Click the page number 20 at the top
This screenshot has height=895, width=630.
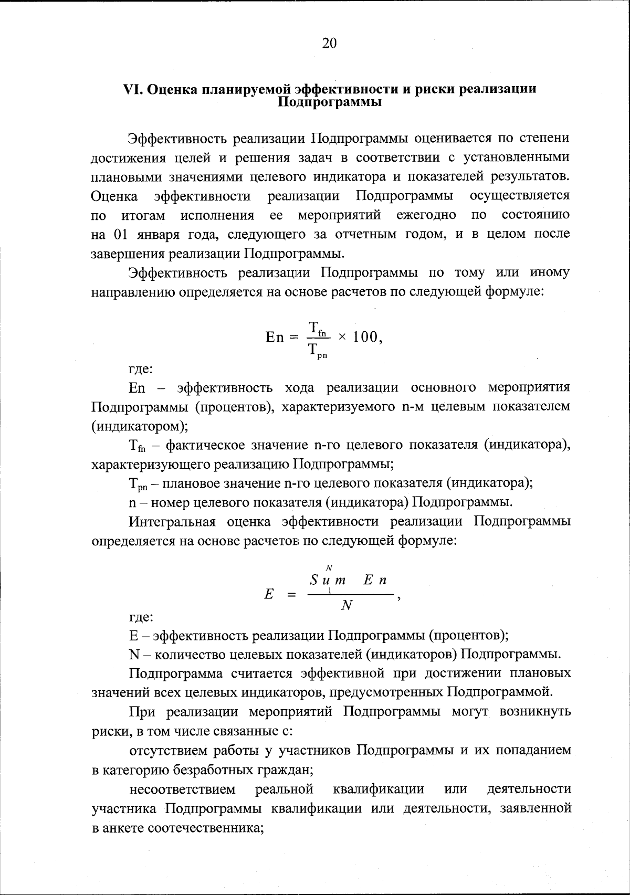click(x=329, y=44)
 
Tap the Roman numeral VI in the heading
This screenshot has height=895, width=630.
click(x=131, y=89)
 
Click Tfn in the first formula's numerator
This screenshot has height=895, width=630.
click(x=317, y=328)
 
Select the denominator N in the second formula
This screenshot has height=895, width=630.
click(x=346, y=606)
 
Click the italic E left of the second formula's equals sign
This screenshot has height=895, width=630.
click(x=269, y=594)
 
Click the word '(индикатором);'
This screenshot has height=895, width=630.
click(x=140, y=426)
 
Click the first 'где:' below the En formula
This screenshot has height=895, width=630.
click(x=141, y=369)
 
